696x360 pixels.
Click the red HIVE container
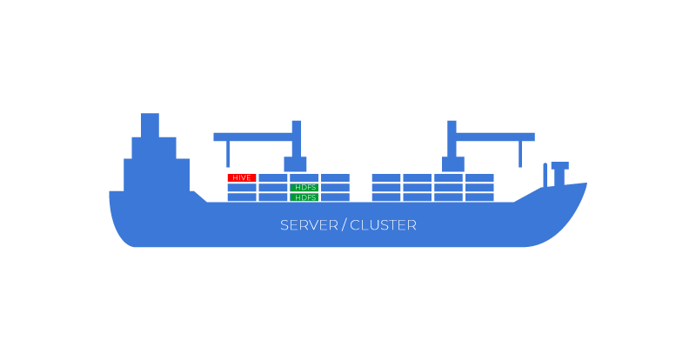(242, 177)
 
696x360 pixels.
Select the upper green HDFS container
(304, 187)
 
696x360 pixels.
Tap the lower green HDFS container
(304, 197)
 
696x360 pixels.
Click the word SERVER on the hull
(309, 225)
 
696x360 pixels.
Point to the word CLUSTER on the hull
(383, 225)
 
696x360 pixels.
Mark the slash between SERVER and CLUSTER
(344, 225)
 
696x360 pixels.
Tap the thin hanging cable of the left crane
(228, 154)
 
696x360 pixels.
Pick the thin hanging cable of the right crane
(520, 154)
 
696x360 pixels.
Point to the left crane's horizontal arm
(252, 137)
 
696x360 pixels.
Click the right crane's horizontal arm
(496, 137)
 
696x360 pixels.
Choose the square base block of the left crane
(296, 164)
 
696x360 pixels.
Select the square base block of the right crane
(452, 164)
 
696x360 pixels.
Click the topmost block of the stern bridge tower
(150, 123)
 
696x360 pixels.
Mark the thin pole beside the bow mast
(545, 174)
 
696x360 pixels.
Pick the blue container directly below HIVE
(242, 188)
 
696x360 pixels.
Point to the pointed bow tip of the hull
(584, 185)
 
